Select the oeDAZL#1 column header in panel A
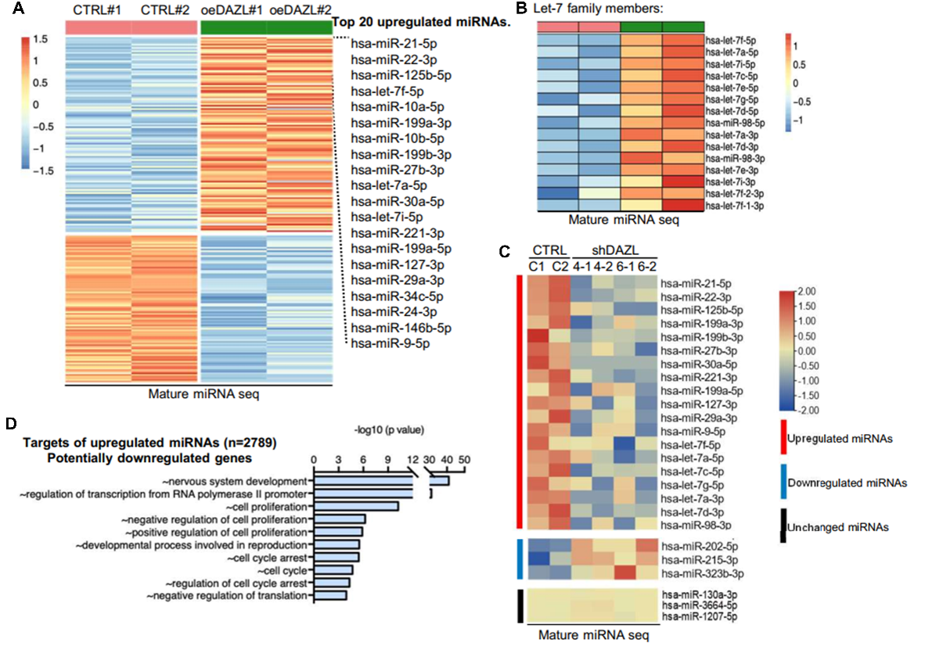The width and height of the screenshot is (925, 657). tap(233, 10)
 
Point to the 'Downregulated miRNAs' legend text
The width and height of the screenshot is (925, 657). tap(847, 483)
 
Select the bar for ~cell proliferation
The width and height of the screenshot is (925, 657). tap(356, 506)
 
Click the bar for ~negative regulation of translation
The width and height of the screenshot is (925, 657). tap(329, 596)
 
